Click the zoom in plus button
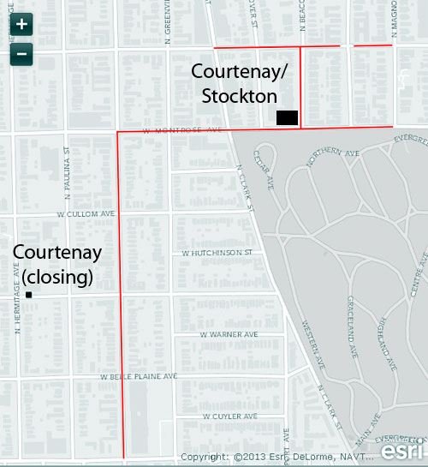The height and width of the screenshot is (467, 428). click(x=21, y=24)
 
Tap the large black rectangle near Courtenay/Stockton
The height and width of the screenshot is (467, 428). click(x=286, y=117)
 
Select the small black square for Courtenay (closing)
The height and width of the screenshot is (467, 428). click(x=29, y=295)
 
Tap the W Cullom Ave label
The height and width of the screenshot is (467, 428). click(x=86, y=213)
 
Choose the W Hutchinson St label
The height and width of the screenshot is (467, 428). click(x=217, y=254)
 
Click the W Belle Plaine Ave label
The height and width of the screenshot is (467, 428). click(x=139, y=376)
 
